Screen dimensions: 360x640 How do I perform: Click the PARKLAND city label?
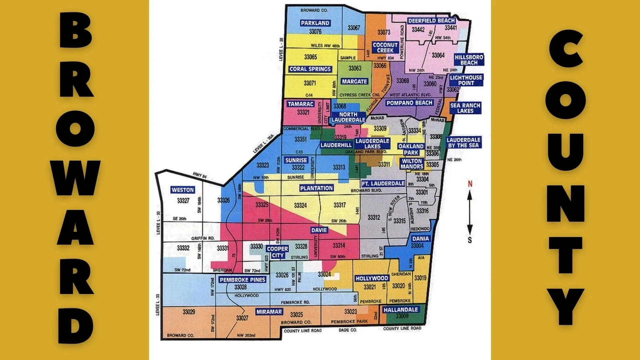315,23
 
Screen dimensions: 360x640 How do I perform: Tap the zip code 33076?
315,32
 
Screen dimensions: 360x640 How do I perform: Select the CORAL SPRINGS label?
310,69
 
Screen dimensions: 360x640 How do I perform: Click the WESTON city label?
183,190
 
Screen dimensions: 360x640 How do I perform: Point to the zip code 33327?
183,200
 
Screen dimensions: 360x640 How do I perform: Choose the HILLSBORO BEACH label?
469,60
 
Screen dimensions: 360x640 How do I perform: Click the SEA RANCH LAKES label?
465,108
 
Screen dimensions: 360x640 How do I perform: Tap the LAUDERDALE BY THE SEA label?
464,143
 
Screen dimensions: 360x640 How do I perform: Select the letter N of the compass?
470,184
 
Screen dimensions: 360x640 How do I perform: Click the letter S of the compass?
470,240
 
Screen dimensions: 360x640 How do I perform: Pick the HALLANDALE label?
400,310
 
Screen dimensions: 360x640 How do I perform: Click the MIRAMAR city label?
269,312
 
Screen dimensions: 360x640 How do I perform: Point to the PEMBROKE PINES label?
242,280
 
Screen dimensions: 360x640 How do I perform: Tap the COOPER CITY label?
277,252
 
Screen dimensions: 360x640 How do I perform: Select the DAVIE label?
319,230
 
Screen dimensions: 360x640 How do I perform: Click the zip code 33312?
374,217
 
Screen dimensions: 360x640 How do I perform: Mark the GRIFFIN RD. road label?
203,238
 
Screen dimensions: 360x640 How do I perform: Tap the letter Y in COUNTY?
566,306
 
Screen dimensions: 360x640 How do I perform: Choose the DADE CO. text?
348,330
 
